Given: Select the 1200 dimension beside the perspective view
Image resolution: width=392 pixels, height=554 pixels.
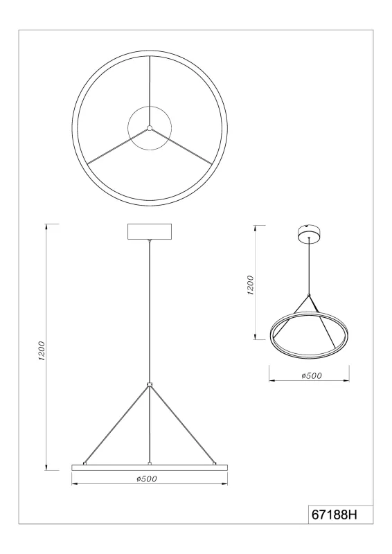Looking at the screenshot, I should point(251,285).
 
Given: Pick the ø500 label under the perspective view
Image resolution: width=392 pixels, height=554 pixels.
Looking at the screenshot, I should point(309,376).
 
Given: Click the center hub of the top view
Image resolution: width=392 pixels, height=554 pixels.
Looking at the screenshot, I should point(149,128).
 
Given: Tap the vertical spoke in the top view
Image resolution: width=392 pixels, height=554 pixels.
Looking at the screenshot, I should point(149,90).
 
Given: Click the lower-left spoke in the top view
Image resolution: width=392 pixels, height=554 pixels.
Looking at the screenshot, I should point(114,148).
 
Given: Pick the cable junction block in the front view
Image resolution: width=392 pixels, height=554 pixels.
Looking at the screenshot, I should point(149,384).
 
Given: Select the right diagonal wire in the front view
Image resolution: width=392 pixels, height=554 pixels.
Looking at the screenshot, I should point(182,425).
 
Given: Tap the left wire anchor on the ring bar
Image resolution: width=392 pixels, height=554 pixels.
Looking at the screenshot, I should point(84,462).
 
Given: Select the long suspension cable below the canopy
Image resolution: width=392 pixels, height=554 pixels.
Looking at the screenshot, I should point(149,312).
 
